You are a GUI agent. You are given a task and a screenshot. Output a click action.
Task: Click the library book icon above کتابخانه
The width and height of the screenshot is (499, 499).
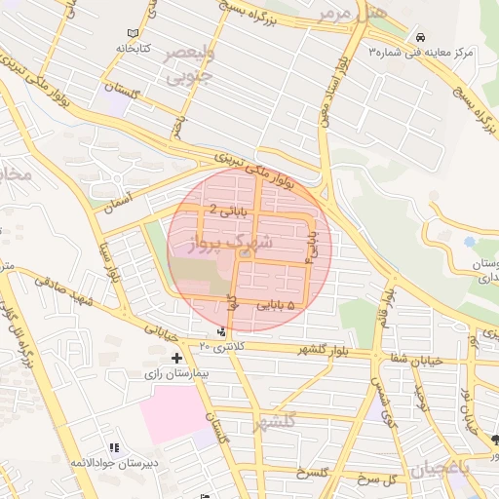tap(153, 32)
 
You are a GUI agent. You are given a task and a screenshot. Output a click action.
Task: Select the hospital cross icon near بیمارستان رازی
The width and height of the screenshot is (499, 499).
tap(176, 358)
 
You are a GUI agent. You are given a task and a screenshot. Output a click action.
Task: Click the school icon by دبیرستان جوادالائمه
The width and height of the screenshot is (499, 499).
tap(115, 447)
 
